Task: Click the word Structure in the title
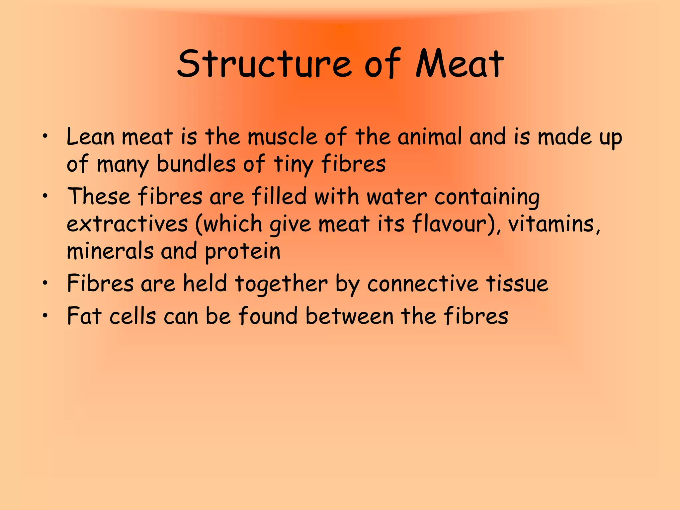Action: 264,64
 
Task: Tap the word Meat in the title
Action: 460,64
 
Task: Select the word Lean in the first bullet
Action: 90,137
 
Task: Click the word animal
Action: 430,137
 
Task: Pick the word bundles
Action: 196,164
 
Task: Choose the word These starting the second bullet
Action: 99,196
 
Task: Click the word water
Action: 396,197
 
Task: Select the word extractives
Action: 127,224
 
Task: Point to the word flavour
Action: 453,224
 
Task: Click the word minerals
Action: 110,251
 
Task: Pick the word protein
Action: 242,252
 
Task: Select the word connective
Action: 423,284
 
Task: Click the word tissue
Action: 517,284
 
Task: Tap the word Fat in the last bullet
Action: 84,316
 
